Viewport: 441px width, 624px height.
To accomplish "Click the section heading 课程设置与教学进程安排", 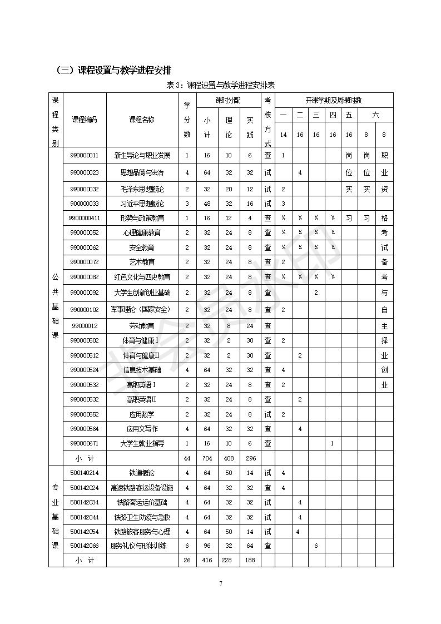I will click(x=113, y=70).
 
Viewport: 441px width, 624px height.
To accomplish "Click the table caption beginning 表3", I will click(x=221, y=85).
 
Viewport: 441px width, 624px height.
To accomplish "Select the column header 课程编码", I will click(x=85, y=120).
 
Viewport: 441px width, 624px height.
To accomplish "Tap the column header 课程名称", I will click(x=142, y=120).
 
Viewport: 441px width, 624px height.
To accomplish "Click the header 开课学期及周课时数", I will click(x=334, y=100).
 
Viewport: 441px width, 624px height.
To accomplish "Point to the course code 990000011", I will click(x=85, y=155).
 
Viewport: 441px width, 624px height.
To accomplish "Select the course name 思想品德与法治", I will click(x=142, y=172).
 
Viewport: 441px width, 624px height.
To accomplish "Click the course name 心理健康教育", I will click(x=142, y=232).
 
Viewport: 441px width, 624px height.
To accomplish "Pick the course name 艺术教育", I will click(x=142, y=262).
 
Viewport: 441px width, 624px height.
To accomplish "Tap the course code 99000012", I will click(x=85, y=325).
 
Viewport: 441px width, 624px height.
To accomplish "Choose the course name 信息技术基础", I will click(x=142, y=370).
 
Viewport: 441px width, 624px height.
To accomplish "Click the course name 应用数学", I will click(x=142, y=414).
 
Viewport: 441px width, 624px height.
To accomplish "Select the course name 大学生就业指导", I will click(x=142, y=443).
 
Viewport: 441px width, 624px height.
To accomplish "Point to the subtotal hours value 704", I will click(x=207, y=458).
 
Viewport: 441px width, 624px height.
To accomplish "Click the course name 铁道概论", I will click(x=142, y=473).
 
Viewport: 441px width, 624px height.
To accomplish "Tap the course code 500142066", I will click(x=85, y=546).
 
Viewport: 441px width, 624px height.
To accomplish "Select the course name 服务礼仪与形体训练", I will click(x=142, y=546).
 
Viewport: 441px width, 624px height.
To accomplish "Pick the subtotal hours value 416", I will click(x=207, y=560).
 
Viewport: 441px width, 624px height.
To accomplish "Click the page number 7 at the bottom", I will click(x=221, y=583).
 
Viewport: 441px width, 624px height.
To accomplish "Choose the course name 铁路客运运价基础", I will click(x=142, y=502).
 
